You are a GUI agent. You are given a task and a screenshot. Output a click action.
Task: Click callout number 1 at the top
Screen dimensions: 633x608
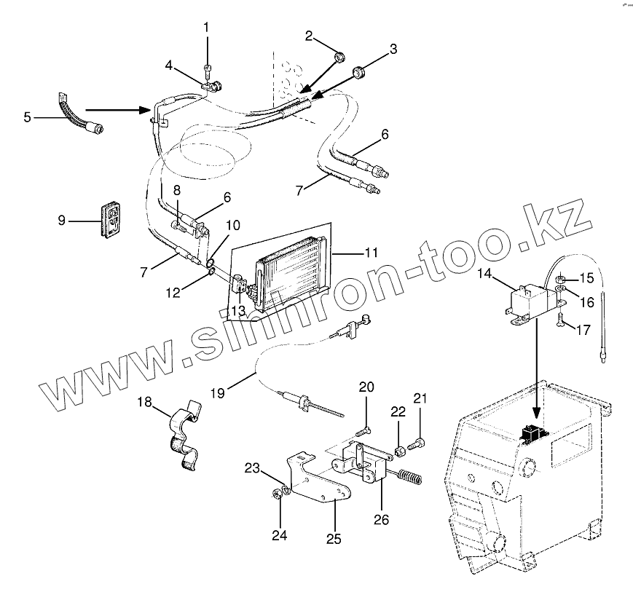206,28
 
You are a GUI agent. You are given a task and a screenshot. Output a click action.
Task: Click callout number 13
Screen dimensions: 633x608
237,311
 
